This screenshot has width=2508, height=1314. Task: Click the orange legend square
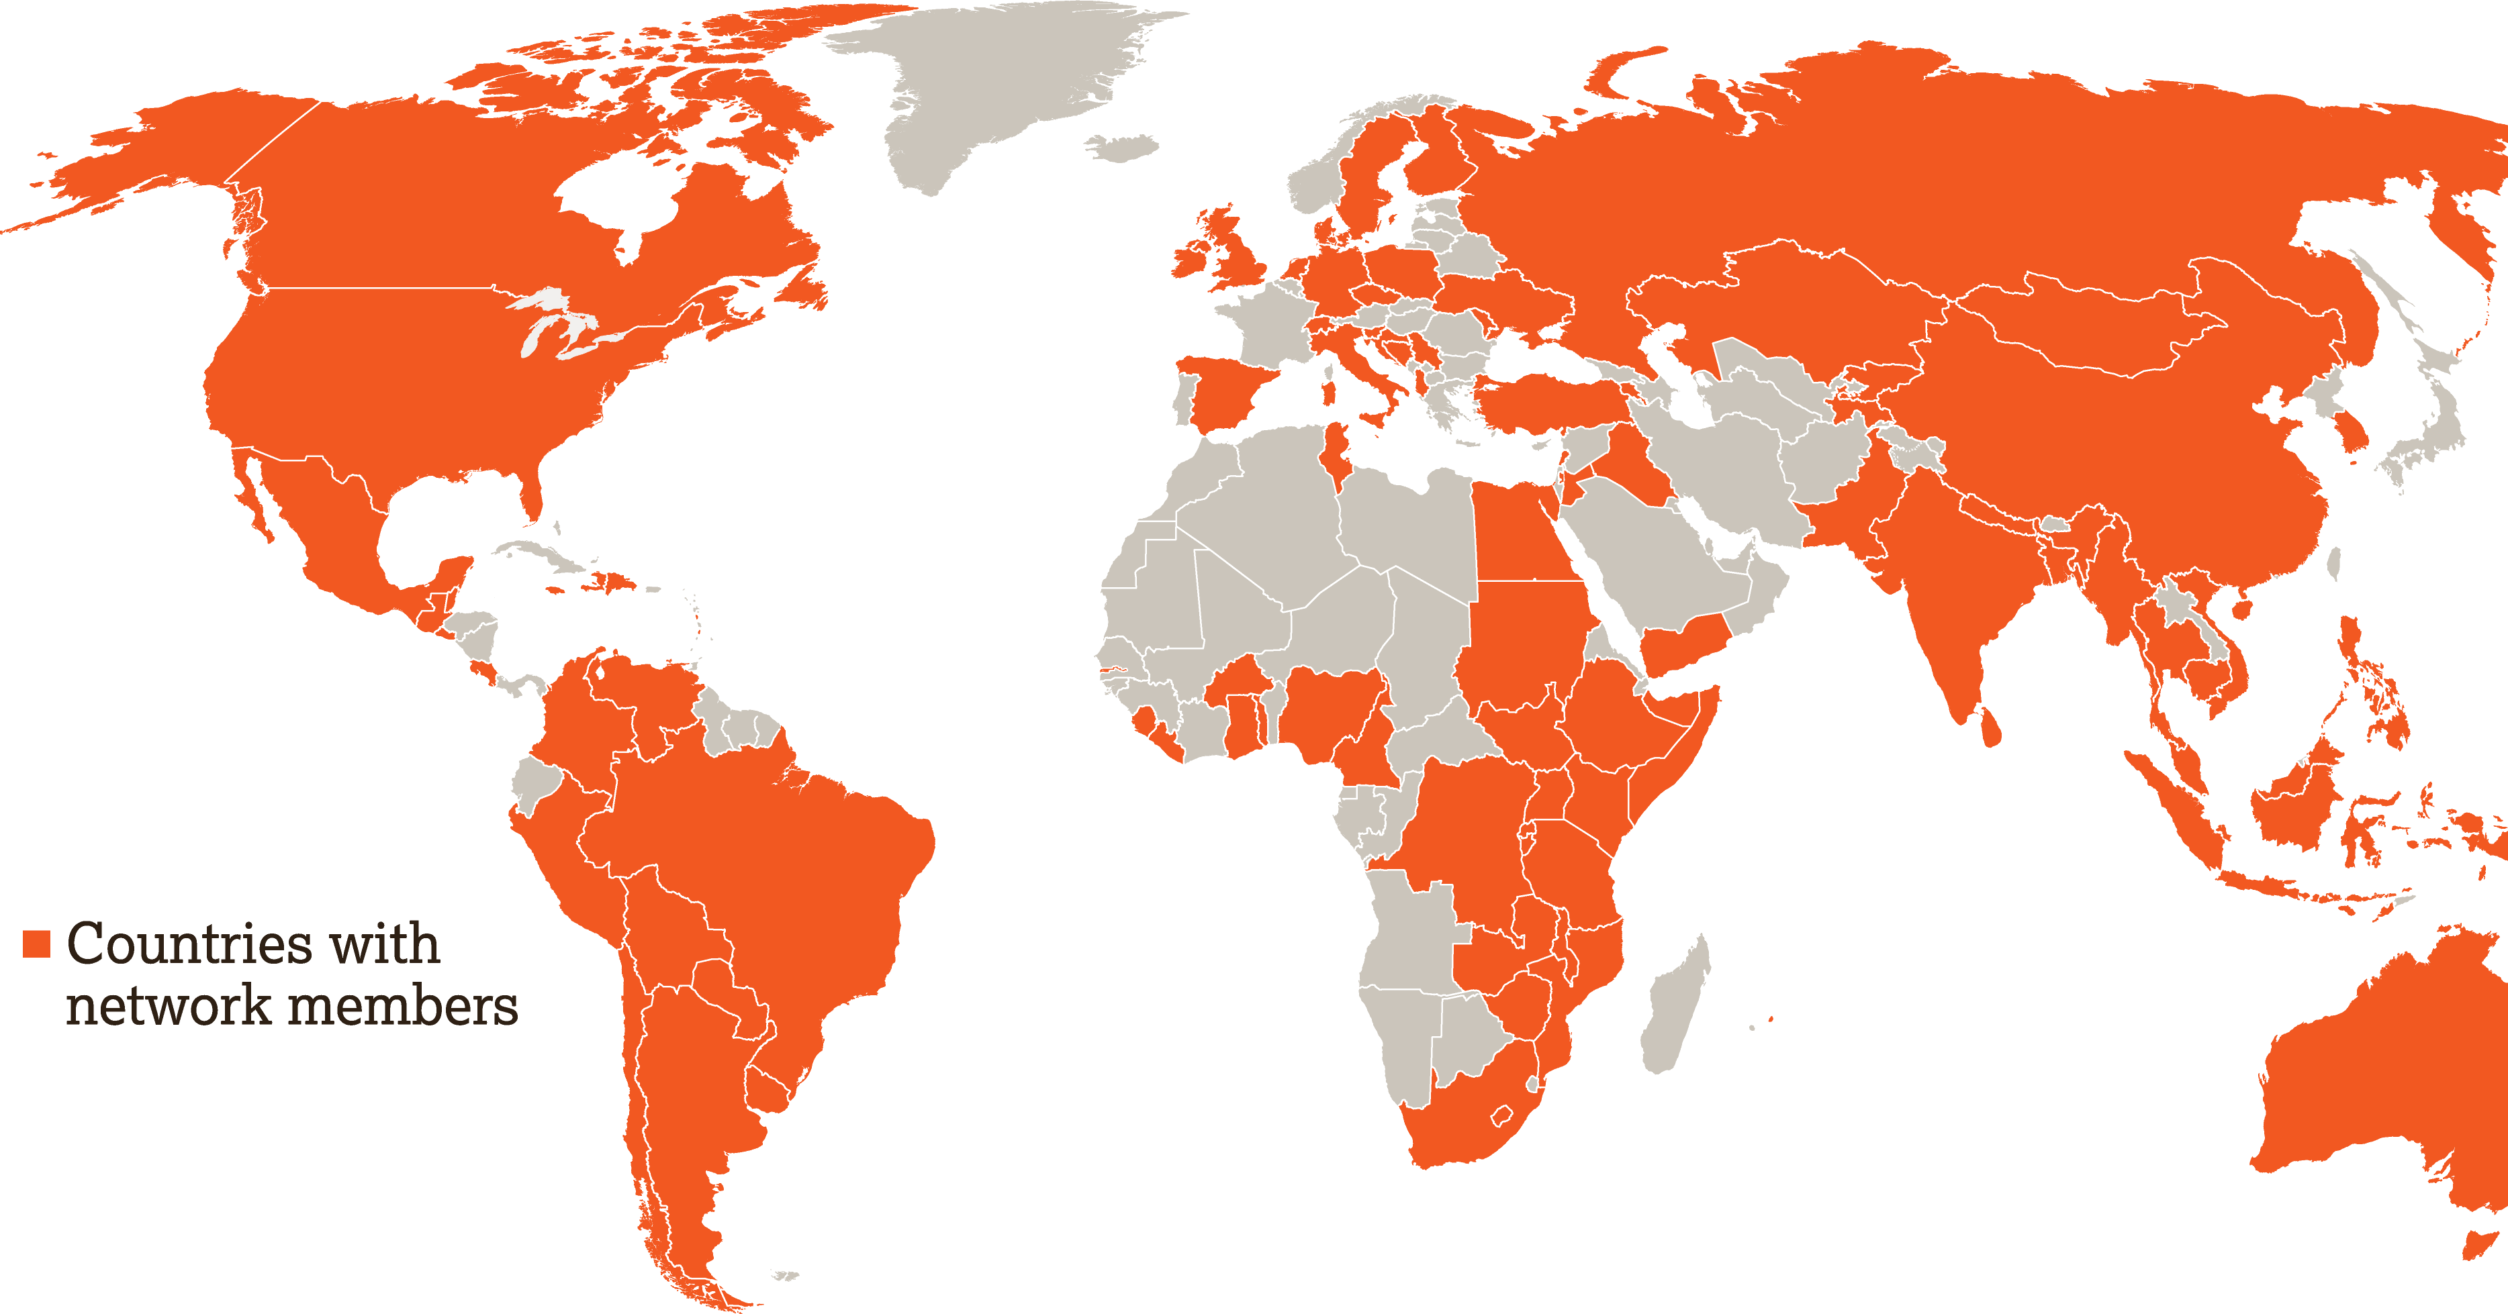37,943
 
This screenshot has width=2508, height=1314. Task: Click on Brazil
779,876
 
